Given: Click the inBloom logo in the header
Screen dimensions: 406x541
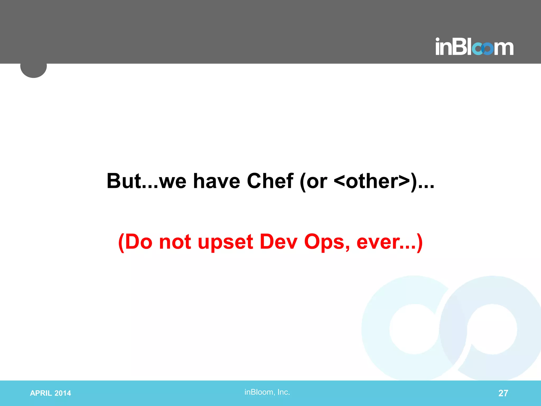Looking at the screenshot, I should click(474, 47).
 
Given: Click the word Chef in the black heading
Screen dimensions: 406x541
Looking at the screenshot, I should click(270, 181).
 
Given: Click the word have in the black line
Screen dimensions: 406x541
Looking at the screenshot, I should click(217, 181).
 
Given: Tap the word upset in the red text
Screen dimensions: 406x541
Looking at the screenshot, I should click(225, 242).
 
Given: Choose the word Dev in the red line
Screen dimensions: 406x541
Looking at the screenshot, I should click(278, 242).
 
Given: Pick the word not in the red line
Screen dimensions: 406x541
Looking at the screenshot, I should click(175, 242).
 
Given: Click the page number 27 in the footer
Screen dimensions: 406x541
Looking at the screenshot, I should click(503, 393).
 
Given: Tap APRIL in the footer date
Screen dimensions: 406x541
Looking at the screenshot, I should click(41, 393).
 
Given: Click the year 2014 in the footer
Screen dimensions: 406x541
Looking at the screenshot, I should click(63, 393).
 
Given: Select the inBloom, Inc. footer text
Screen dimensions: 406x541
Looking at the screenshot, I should click(267, 392).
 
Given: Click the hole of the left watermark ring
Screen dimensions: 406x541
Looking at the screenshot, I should click(414, 329).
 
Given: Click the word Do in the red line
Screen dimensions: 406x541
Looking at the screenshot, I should click(139, 242).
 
